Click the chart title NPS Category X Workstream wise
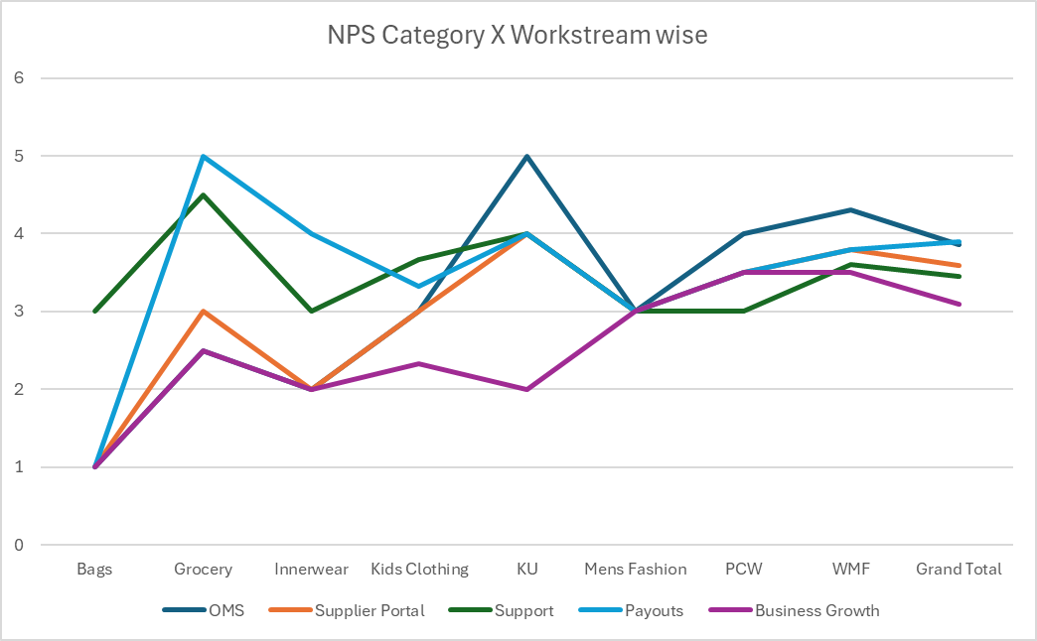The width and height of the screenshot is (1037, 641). tap(518, 36)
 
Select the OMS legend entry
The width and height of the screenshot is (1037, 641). tap(225, 610)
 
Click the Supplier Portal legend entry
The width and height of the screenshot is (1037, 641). tap(369, 610)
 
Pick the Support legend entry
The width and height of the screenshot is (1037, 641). tap(523, 610)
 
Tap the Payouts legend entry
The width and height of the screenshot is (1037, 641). tap(653, 610)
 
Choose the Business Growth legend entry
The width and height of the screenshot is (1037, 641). tap(816, 610)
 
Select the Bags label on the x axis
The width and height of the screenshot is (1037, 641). tap(95, 569)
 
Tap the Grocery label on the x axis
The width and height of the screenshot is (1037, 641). tap(203, 569)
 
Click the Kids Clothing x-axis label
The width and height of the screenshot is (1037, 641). tap(419, 569)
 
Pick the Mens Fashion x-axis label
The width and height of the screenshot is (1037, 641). tap(635, 569)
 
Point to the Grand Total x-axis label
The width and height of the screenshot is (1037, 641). tap(959, 569)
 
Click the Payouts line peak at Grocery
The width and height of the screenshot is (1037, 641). tap(203, 156)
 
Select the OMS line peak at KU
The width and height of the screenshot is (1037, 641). tap(527, 156)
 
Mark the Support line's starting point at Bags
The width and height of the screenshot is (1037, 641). tap(95, 312)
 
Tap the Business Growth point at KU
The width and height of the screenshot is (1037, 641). tap(527, 389)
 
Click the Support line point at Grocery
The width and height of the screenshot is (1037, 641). tap(203, 194)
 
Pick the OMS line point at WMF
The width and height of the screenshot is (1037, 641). tap(851, 210)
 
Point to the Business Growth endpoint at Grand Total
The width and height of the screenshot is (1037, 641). tap(959, 304)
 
